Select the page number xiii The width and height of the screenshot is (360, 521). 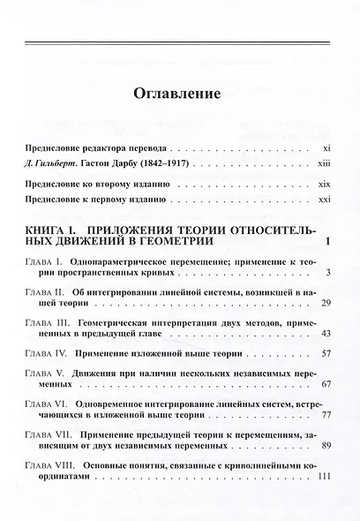click(x=323, y=166)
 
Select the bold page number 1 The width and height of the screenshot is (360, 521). click(x=326, y=243)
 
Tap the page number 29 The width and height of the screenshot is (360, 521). click(x=325, y=304)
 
